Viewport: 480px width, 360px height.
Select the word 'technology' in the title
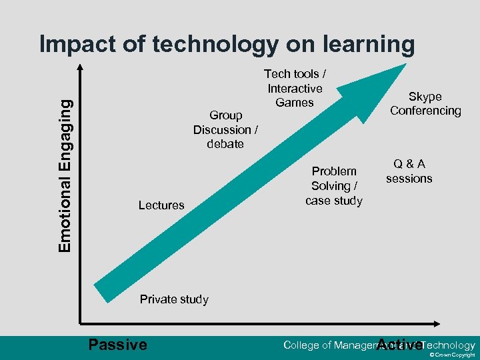216,45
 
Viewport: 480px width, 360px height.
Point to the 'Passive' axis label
117,345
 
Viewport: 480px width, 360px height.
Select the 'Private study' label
174,299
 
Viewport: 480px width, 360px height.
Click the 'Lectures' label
161,205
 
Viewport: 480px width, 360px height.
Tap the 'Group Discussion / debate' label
225,129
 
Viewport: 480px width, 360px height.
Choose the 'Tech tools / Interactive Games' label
295,88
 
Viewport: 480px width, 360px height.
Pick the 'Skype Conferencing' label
425,103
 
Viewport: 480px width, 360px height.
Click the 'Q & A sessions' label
409,171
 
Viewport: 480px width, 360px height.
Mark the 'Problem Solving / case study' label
334,186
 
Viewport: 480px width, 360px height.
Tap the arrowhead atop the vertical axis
80,66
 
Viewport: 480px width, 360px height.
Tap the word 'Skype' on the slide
425,97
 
